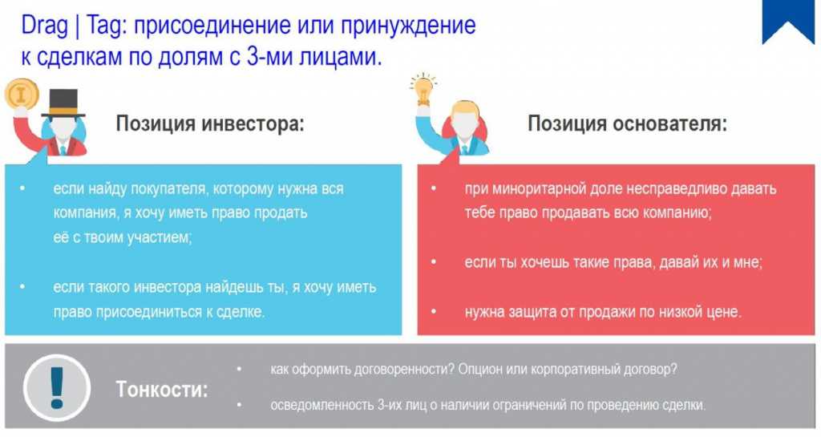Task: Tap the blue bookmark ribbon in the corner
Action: tap(788, 22)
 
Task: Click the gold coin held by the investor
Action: tap(22, 95)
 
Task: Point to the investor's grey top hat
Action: tap(63, 103)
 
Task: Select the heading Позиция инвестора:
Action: tap(209, 124)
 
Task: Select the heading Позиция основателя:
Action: tap(627, 124)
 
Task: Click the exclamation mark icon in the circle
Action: tap(57, 388)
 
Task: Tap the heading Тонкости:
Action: tap(162, 390)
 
